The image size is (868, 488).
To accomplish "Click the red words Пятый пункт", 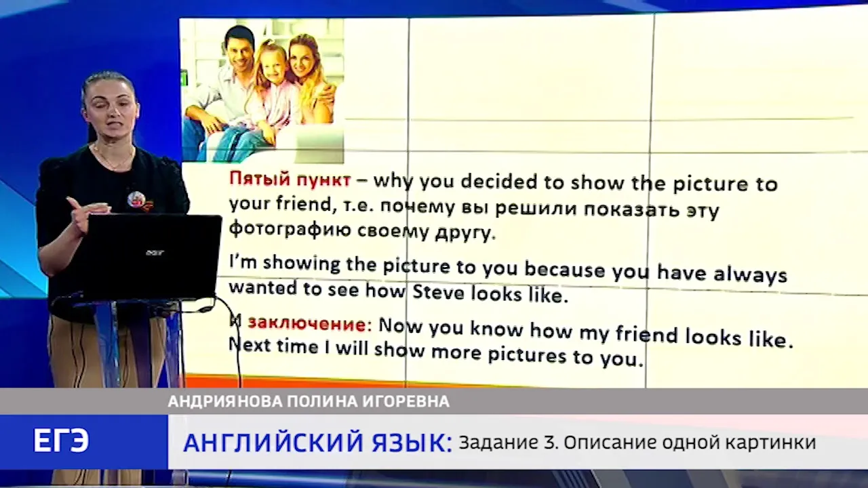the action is (290, 180).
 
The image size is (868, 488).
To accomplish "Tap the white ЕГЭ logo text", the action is (61, 441).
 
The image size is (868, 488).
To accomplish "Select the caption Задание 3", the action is (509, 443).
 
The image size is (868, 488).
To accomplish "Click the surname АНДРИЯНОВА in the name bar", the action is (226, 401).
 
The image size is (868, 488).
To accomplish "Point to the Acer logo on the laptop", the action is (155, 253).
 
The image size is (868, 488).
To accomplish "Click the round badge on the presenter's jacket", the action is (136, 199).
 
